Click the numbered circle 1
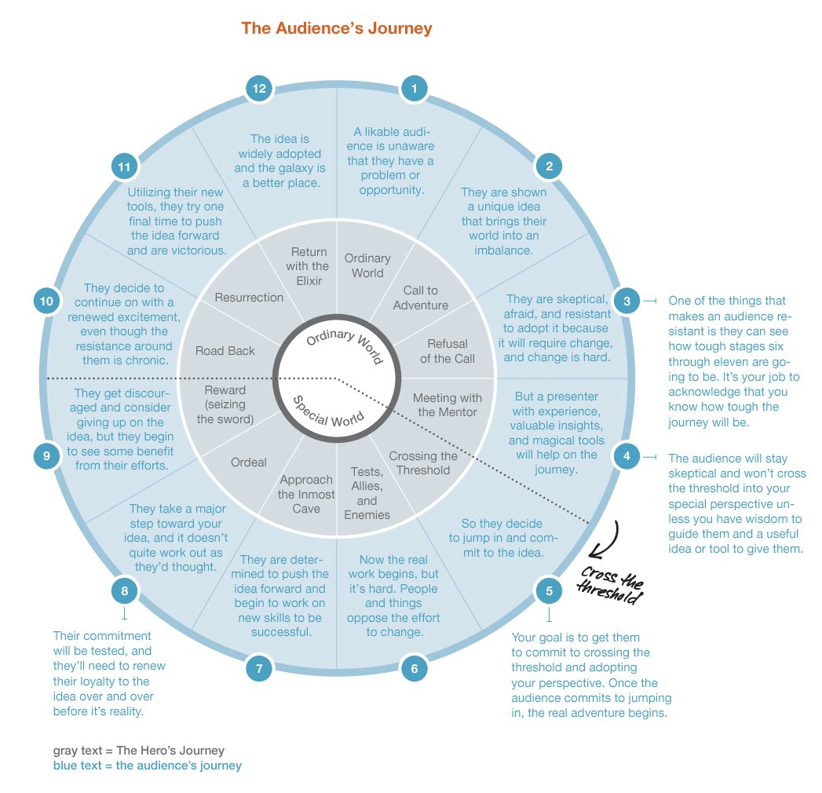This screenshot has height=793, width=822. tap(414, 89)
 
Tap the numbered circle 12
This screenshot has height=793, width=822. tap(259, 89)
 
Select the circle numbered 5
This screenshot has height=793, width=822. tap(547, 590)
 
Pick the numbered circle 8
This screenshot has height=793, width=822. tap(124, 590)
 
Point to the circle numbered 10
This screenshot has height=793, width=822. tap(47, 300)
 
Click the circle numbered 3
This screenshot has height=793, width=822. tap(626, 300)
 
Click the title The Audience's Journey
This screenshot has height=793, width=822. tap(337, 29)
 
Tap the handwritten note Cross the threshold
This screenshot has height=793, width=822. tap(610, 581)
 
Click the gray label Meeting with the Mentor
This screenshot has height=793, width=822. tap(447, 404)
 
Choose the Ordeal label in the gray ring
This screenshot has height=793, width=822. tap(248, 462)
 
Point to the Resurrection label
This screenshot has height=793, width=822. tap(249, 298)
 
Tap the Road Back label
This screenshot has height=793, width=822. tap(225, 351)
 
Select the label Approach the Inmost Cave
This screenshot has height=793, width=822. tap(305, 494)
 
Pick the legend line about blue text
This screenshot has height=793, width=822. tap(147, 765)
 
